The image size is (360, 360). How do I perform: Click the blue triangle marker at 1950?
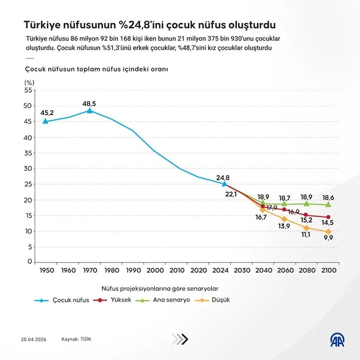pos(46,121)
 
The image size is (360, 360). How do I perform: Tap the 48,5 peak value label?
pos(89,103)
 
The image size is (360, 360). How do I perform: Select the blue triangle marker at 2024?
pos(224,183)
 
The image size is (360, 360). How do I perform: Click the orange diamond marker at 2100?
pos(328,232)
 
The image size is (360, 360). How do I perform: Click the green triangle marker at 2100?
pos(328,204)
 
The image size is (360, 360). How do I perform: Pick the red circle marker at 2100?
pos(328,217)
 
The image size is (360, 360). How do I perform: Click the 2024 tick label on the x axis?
pos(224,270)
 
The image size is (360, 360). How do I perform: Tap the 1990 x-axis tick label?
pos(133,270)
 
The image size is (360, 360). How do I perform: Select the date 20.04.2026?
pos(33,339)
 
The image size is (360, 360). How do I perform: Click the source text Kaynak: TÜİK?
pos(76,339)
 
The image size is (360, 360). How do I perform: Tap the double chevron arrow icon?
pos(180,339)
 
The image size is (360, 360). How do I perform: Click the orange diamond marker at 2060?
pos(284,219)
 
